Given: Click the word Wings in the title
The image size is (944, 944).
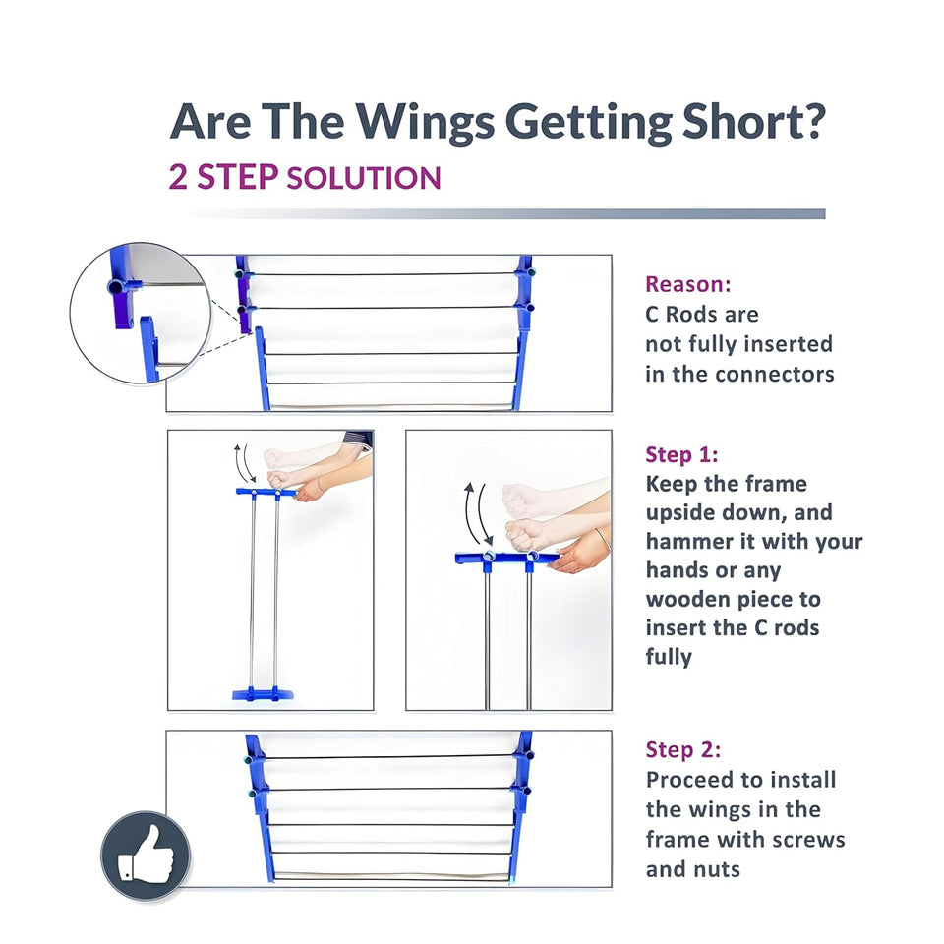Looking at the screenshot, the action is pyautogui.click(x=425, y=123).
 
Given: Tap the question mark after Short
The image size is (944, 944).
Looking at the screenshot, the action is pyautogui.click(x=813, y=120).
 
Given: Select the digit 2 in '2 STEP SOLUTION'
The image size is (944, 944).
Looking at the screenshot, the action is pyautogui.click(x=178, y=177).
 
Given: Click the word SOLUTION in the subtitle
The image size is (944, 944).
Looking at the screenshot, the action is pyautogui.click(x=364, y=178).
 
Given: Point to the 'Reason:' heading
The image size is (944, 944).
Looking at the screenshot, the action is pyautogui.click(x=688, y=284).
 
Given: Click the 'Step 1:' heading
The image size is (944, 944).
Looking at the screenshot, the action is pyautogui.click(x=682, y=454).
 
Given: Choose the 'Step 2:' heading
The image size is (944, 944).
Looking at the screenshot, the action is pyautogui.click(x=683, y=749).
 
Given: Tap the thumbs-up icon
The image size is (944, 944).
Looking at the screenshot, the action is pyautogui.click(x=146, y=855).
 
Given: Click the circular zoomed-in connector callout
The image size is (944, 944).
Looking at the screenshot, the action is pyautogui.click(x=141, y=313).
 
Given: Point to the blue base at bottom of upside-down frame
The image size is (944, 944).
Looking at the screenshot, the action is pyautogui.click(x=264, y=693).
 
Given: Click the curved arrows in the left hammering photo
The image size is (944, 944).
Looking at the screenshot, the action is pyautogui.click(x=245, y=462).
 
